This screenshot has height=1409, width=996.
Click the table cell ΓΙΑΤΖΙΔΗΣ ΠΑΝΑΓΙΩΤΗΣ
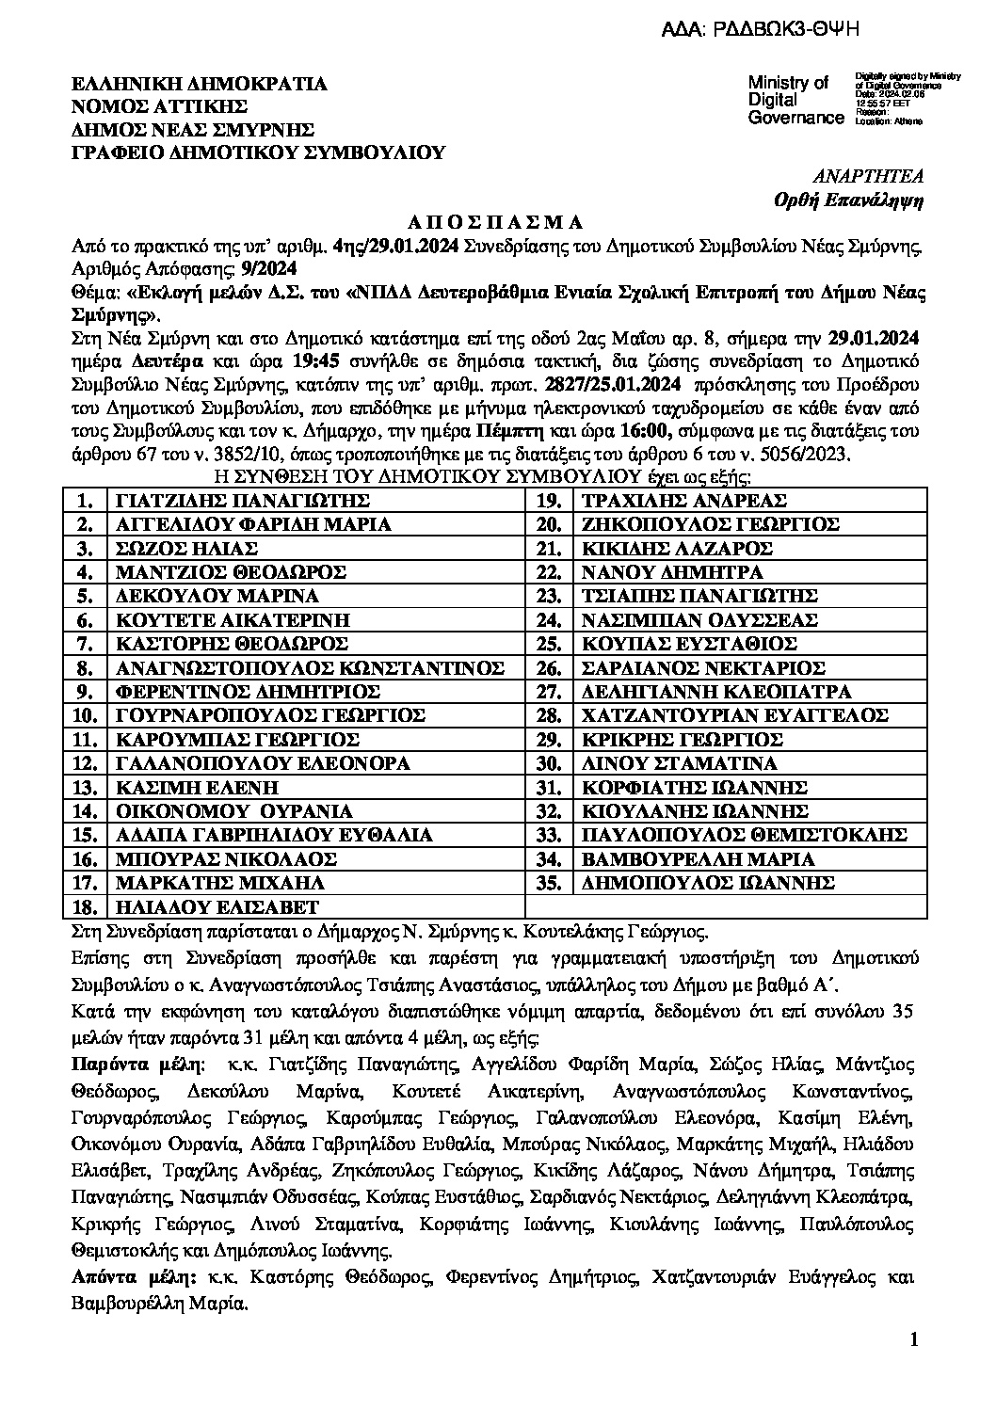238,501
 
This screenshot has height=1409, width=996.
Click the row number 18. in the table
87,907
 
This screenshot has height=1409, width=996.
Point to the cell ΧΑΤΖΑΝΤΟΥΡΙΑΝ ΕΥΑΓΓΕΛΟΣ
735,716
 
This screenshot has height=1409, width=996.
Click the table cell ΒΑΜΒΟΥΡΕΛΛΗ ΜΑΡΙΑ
698,859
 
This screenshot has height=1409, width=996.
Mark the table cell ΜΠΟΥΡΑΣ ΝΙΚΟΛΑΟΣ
225,859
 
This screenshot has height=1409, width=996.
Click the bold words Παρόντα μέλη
137,1065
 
